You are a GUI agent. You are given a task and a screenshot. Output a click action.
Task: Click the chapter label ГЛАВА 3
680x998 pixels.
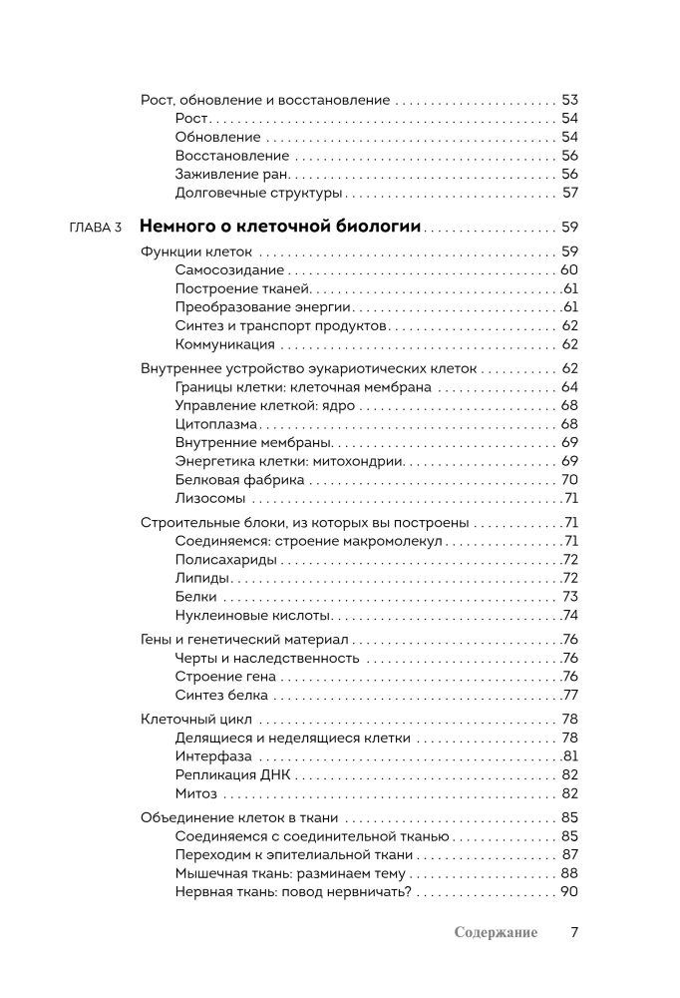(x=96, y=228)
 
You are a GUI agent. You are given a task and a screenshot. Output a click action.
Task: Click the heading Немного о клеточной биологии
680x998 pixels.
(x=280, y=226)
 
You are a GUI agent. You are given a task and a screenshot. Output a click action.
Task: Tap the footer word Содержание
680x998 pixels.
(x=495, y=932)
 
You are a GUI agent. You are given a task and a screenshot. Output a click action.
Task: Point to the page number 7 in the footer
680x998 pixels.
(x=574, y=932)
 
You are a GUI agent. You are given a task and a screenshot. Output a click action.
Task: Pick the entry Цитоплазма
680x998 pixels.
(x=215, y=423)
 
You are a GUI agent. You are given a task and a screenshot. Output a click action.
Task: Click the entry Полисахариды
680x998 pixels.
(x=218, y=559)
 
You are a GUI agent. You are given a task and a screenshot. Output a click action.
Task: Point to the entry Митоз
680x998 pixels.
(x=195, y=793)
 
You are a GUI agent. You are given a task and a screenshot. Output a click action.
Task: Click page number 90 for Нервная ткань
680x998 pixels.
(x=569, y=891)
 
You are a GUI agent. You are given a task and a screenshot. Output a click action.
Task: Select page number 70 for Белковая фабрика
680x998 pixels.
(x=570, y=479)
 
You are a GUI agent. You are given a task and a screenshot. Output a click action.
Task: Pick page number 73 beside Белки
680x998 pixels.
(x=570, y=596)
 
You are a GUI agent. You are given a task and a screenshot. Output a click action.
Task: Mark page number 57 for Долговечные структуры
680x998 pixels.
(x=570, y=193)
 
